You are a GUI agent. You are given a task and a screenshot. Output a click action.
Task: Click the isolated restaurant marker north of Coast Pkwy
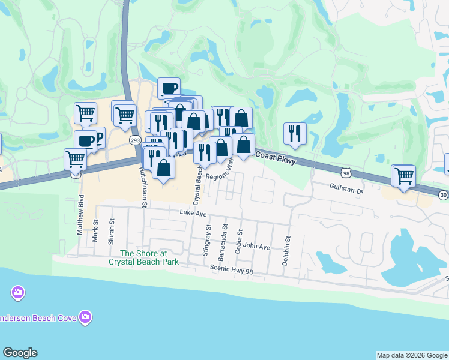pyautogui.click(x=295, y=134)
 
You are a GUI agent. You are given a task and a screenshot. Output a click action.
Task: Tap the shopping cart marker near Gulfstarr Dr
pyautogui.click(x=404, y=176)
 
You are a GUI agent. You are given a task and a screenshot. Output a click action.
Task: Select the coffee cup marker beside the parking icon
pyautogui.click(x=86, y=142)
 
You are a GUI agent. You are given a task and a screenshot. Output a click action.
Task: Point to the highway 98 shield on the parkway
pyautogui.click(x=345, y=173)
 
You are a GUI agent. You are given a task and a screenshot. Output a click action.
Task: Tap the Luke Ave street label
pyautogui.click(x=193, y=213)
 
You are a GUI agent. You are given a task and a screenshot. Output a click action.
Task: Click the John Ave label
pyautogui.click(x=256, y=246)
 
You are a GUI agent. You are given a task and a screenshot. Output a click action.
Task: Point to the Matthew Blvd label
pyautogui.click(x=81, y=221)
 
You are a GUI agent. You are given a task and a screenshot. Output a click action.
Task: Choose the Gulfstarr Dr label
pyautogui.click(x=347, y=190)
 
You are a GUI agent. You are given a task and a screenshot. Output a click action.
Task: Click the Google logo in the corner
pyautogui.click(x=20, y=353)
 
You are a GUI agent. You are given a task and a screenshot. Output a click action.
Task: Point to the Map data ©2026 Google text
pyautogui.click(x=412, y=355)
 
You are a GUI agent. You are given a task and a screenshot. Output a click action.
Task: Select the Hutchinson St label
pyautogui.click(x=143, y=187)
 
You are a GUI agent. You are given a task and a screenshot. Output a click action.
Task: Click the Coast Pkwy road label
pyautogui.click(x=276, y=157)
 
